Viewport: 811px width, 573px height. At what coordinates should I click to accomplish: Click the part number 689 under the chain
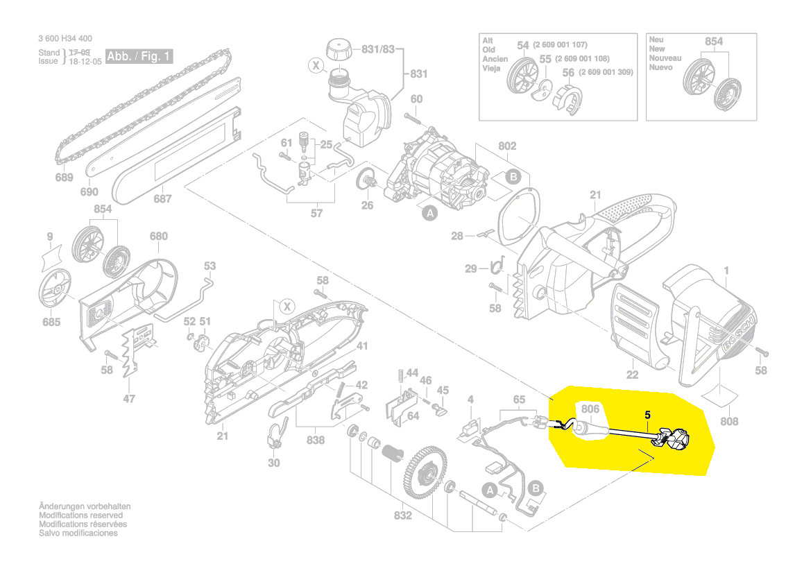64,178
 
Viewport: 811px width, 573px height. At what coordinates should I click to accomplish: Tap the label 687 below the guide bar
162,199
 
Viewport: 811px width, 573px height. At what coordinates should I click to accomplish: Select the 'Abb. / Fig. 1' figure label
139,56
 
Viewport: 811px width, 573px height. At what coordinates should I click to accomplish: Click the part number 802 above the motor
508,146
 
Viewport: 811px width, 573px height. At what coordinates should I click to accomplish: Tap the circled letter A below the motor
429,214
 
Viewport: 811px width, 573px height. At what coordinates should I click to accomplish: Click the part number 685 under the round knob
51,322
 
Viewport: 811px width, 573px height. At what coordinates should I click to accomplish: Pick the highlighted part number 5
647,414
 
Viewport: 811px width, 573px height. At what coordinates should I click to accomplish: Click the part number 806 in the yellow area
590,409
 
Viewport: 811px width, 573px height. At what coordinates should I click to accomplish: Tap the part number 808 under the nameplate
729,421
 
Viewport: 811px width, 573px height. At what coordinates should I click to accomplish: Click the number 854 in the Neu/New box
713,42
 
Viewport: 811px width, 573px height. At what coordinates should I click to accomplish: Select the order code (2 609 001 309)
606,72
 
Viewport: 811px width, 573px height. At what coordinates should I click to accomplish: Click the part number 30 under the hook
274,463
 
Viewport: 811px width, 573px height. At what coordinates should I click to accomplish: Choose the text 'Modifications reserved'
81,515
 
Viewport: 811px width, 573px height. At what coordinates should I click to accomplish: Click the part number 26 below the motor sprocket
367,205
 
